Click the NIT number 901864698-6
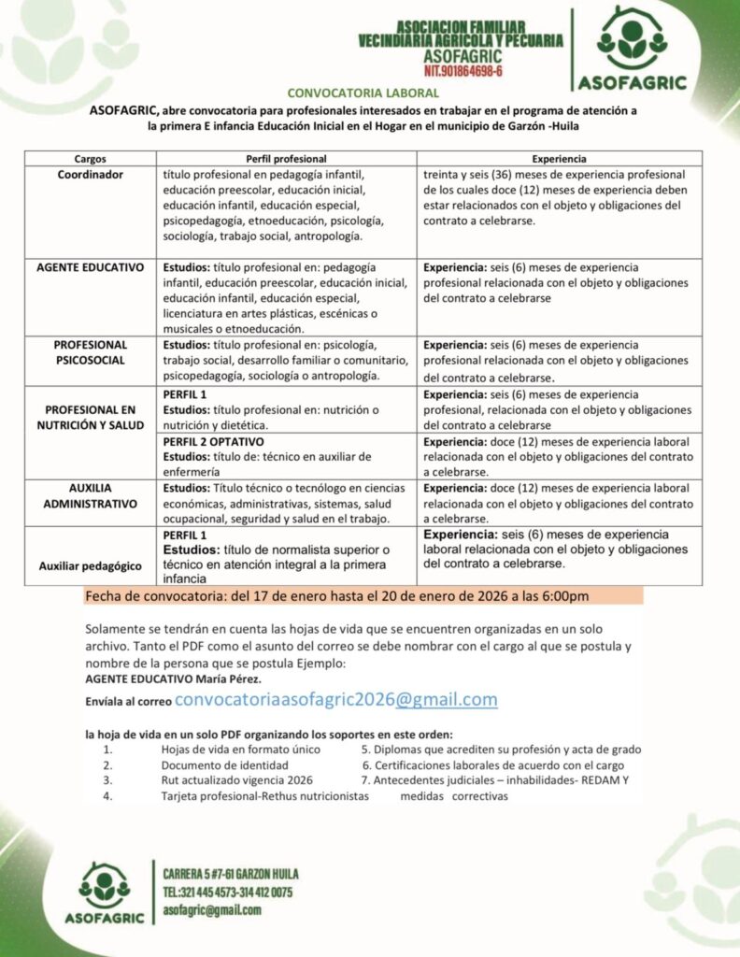point(463,71)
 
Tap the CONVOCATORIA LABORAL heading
point(363,93)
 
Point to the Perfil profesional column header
point(288,158)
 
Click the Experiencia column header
point(559,158)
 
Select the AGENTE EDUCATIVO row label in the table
point(91,267)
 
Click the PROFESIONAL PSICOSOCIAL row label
point(91,352)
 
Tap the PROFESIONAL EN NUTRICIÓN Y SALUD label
point(91,418)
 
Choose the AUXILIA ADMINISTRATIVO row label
point(91,495)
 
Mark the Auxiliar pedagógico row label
point(91,565)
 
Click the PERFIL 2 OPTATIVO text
point(214,441)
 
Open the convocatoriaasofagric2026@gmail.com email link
point(336,700)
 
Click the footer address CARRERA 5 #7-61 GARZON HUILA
point(231,874)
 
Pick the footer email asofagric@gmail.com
point(212,909)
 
